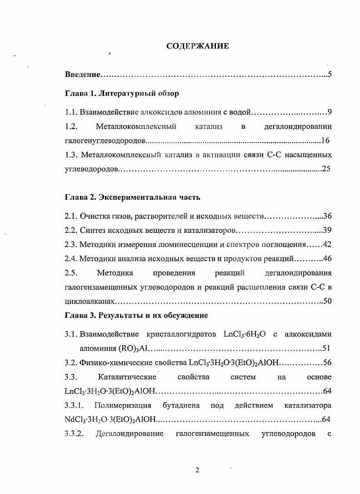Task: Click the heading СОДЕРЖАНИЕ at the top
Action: click(x=197, y=46)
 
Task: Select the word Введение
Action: click(x=82, y=74)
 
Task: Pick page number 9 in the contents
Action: click(x=330, y=112)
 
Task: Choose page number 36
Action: click(x=327, y=217)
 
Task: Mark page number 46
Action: click(x=327, y=259)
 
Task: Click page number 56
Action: click(x=327, y=363)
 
